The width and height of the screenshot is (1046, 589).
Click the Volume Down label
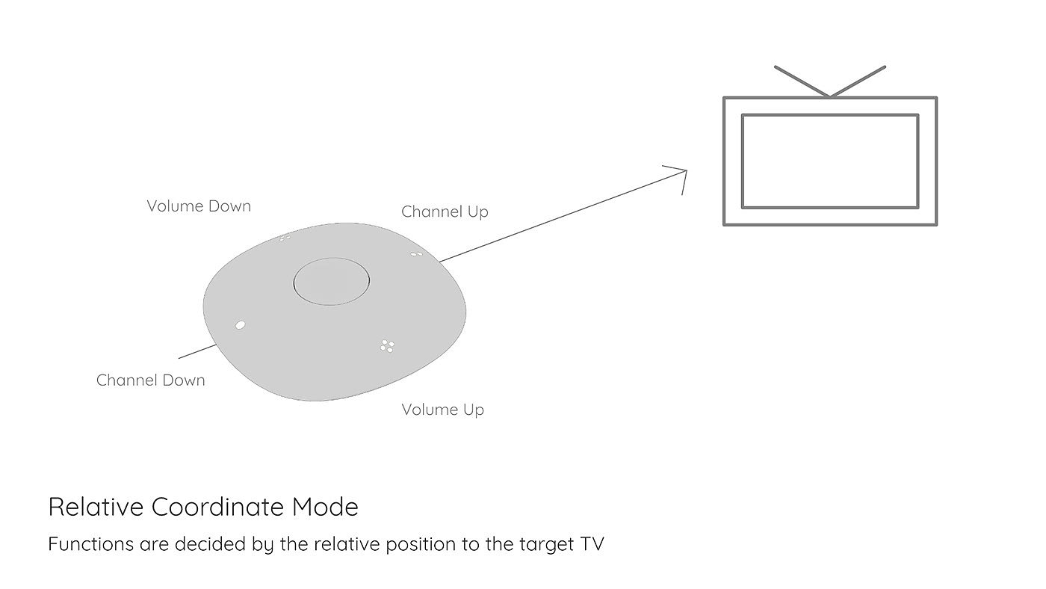click(x=199, y=206)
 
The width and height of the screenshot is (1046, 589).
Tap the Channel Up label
click(x=445, y=212)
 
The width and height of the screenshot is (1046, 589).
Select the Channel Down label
click(x=150, y=380)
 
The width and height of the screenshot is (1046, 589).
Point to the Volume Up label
click(x=442, y=410)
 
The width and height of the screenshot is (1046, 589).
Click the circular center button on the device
click(x=332, y=282)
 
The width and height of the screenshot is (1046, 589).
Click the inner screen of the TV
click(x=829, y=161)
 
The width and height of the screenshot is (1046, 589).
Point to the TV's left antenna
click(x=802, y=81)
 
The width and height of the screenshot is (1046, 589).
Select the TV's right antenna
click(x=858, y=81)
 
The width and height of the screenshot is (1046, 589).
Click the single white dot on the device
click(x=240, y=324)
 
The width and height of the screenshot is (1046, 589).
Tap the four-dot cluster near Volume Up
click(x=387, y=345)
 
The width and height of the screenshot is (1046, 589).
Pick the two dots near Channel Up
click(x=417, y=254)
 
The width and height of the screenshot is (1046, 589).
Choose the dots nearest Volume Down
click(x=285, y=238)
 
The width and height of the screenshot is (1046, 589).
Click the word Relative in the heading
click(x=95, y=508)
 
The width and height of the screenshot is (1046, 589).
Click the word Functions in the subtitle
click(x=90, y=544)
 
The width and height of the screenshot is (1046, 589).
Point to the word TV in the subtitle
click(x=591, y=544)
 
